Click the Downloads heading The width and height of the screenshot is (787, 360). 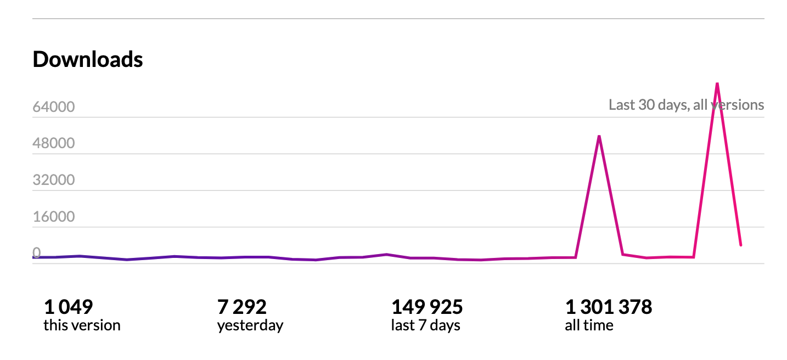point(88,59)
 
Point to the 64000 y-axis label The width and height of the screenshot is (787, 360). point(54,107)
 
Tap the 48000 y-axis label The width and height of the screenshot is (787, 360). point(54,144)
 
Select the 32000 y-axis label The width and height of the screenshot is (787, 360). point(54,181)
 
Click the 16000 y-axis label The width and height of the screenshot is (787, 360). point(54,217)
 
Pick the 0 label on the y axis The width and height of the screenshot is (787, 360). point(37,254)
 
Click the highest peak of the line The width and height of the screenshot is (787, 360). point(717,83)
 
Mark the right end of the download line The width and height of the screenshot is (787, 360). point(740,245)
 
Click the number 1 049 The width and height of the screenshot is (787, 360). point(68,307)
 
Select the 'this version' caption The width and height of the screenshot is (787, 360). point(82,325)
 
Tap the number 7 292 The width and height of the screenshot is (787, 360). point(242,307)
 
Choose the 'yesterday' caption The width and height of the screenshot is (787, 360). point(250,325)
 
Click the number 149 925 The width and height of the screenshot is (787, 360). point(427,307)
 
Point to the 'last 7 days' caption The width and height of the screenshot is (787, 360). point(425,325)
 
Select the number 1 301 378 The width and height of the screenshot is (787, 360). point(609,307)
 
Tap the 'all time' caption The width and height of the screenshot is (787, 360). point(589,325)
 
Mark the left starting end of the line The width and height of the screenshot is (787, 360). point(34,257)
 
